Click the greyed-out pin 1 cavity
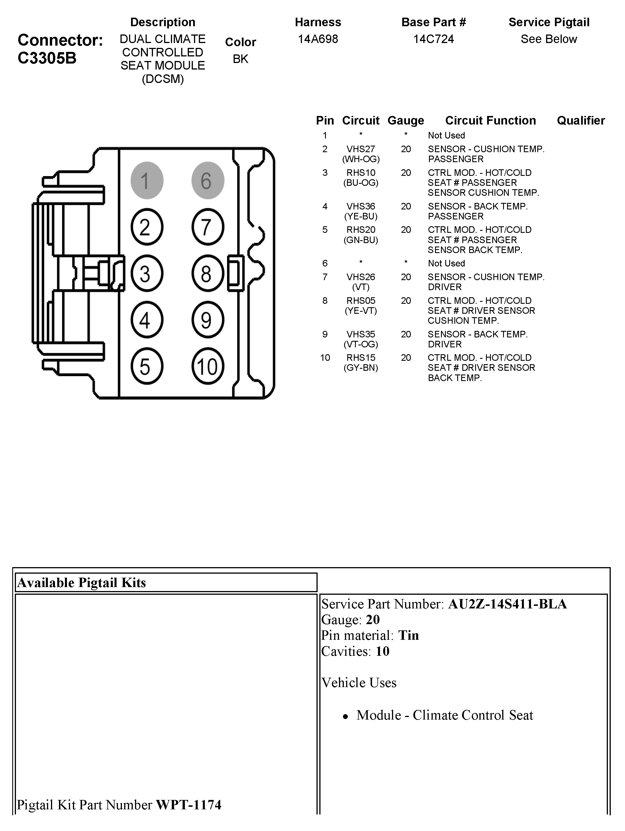coord(147,180)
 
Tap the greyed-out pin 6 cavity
coord(208,180)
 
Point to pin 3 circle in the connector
coord(147,274)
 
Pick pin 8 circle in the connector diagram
coord(208,274)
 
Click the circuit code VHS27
coord(361,149)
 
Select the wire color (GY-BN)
coord(361,368)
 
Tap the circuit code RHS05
coord(361,301)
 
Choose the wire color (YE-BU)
coord(361,216)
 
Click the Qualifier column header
coord(581,121)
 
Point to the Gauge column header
coord(406,121)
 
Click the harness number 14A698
coord(318,39)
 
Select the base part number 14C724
coord(434,39)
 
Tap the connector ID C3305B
coord(47,58)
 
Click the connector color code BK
coord(240,59)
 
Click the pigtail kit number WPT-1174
coord(189,805)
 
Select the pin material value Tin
coord(408,635)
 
